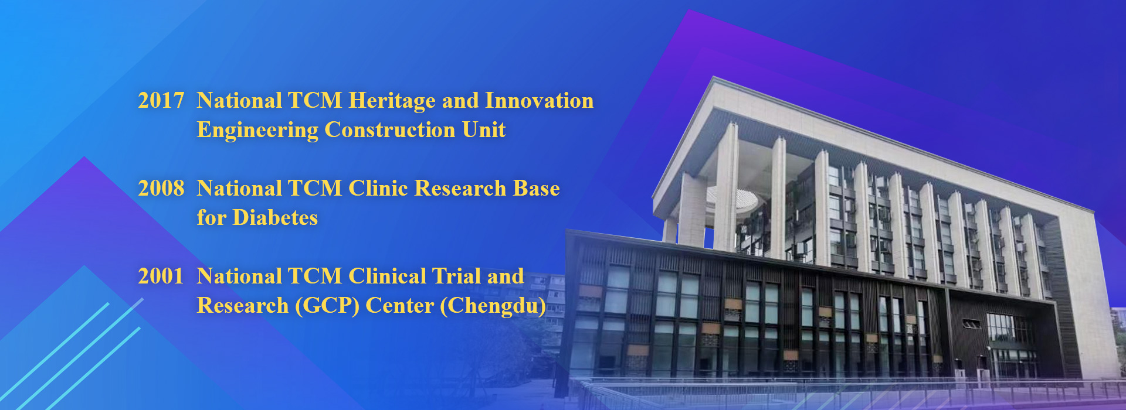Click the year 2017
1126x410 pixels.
point(161,101)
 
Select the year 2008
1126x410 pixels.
point(161,189)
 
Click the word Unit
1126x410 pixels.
point(484,130)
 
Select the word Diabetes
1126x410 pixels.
point(276,218)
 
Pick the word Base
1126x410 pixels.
point(537,189)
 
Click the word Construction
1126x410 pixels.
point(390,130)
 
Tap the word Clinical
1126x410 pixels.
point(388,276)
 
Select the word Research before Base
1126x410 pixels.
point(460,189)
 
